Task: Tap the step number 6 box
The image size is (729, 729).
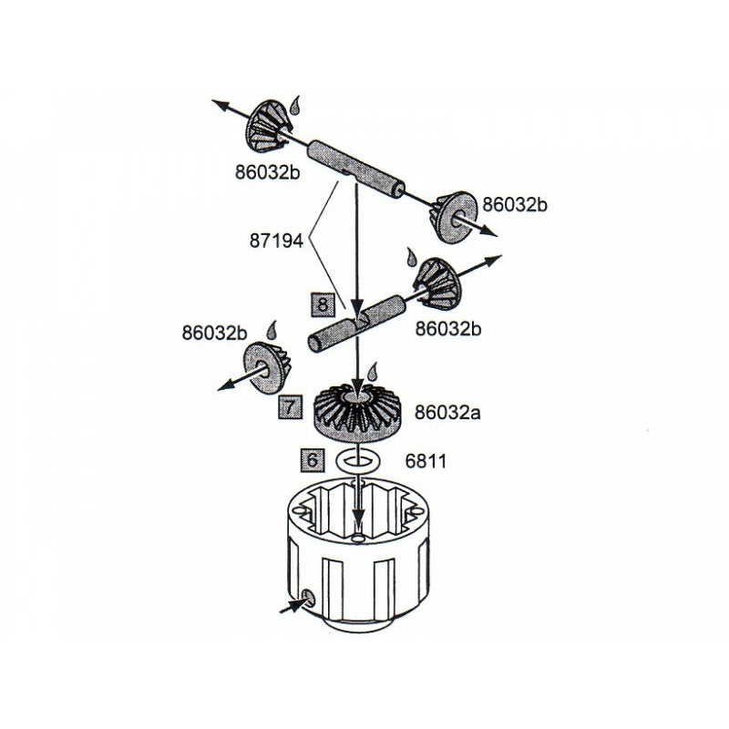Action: click(x=312, y=460)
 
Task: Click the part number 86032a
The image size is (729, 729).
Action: click(x=447, y=412)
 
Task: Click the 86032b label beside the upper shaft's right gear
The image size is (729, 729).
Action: click(x=515, y=204)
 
